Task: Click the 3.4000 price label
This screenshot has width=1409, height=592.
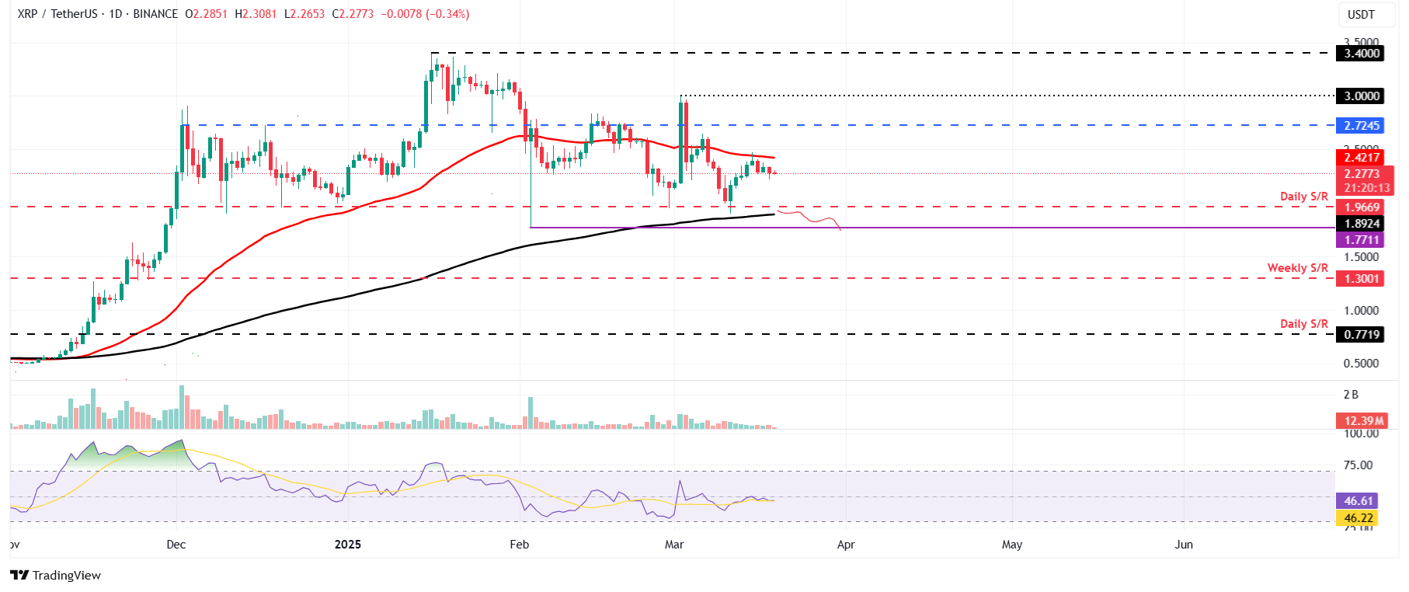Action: (x=1362, y=54)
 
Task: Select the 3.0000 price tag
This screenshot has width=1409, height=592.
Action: (x=1362, y=96)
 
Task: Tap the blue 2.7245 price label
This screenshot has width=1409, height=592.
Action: (x=1362, y=126)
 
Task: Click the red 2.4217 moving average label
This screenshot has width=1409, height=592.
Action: (x=1362, y=158)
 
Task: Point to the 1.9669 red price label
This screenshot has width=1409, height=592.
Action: (x=1362, y=207)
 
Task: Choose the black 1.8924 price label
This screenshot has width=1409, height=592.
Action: (x=1362, y=224)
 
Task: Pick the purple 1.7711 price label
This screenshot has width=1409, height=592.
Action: (x=1362, y=240)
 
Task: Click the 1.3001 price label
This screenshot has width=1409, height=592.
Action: (x=1362, y=279)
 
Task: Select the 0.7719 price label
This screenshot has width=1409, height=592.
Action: (x=1362, y=335)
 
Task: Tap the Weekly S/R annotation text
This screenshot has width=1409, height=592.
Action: (x=1297, y=268)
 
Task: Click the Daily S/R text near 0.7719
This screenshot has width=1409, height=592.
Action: (x=1303, y=324)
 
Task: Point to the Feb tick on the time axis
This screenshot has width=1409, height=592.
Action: (x=519, y=545)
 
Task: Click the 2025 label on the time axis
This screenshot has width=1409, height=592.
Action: (x=348, y=545)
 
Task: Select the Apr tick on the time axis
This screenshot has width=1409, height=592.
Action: (x=846, y=545)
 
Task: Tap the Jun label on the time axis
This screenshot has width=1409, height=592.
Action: (x=1183, y=545)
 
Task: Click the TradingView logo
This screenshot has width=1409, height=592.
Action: (x=56, y=575)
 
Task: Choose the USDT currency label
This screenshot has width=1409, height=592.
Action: (x=1361, y=15)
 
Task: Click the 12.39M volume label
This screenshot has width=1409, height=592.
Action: (x=1363, y=421)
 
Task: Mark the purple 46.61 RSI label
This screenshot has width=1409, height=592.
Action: (x=1359, y=501)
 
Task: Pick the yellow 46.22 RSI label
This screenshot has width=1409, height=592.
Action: (x=1359, y=518)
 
